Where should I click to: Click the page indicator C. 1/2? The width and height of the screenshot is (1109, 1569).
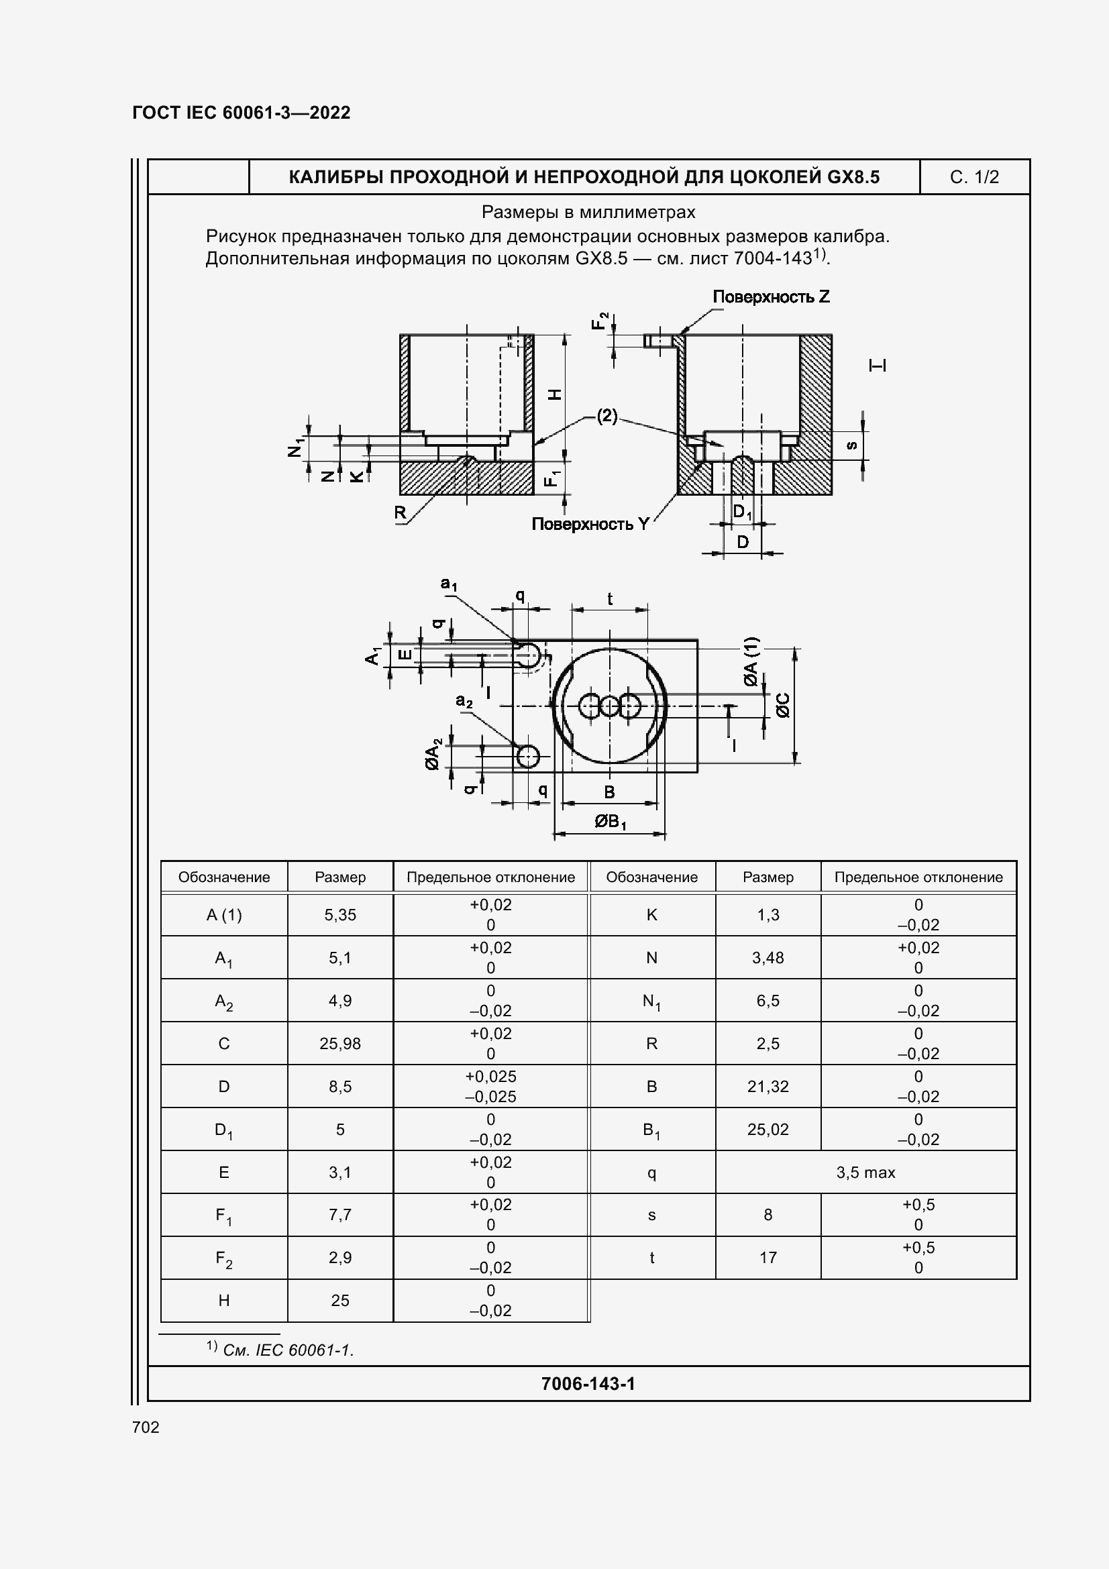tap(973, 178)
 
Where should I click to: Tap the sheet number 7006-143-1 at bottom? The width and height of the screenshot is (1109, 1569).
tap(588, 1384)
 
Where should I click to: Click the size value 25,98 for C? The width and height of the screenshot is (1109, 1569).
tap(339, 1044)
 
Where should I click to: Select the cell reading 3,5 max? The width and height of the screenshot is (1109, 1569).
tap(865, 1173)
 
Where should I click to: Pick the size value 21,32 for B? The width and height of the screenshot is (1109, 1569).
tap(768, 1087)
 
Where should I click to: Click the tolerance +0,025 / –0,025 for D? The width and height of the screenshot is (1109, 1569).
tap(490, 1087)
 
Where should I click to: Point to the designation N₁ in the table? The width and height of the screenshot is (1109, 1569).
tap(651, 1001)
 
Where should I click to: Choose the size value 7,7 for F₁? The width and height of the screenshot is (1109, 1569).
tap(339, 1214)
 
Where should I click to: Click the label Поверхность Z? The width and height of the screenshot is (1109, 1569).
tap(771, 296)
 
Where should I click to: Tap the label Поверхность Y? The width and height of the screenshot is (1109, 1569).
tap(590, 524)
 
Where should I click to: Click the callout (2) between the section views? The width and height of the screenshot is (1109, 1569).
tap(606, 415)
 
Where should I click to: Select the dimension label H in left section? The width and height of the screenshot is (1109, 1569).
tap(556, 394)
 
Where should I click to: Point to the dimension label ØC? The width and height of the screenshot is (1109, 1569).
tap(783, 705)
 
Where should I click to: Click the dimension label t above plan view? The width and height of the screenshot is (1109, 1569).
tap(609, 599)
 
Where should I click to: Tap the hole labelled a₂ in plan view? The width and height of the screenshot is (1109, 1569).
tap(528, 757)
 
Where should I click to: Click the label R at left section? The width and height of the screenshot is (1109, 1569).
tap(401, 512)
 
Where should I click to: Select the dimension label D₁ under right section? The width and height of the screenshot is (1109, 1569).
tap(742, 512)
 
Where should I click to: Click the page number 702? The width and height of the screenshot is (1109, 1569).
tap(146, 1427)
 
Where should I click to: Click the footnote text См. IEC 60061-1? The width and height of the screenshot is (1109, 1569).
tap(288, 1350)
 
